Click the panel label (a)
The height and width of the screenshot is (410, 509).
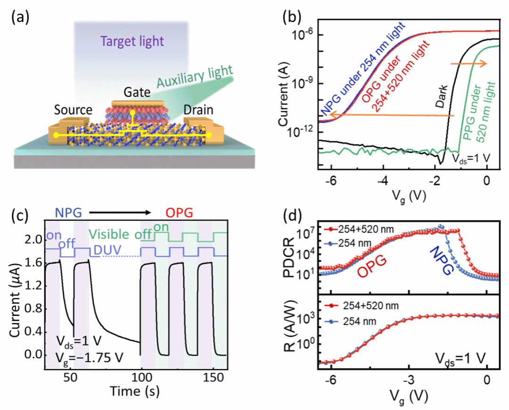tap(20, 19)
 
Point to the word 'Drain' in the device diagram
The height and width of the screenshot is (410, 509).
tap(197, 110)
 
